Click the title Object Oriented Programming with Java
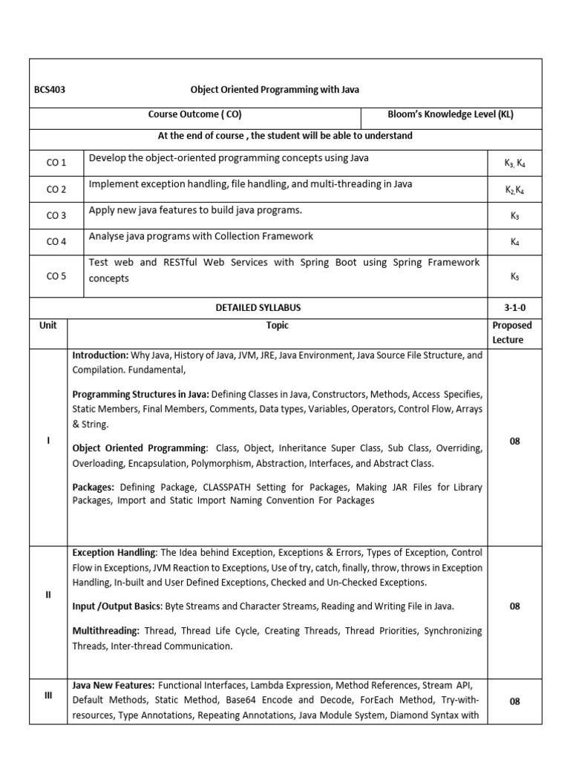[275, 90]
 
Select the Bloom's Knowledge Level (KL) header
[451, 115]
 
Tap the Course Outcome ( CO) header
[194, 115]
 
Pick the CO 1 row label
[56, 163]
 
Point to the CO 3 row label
[56, 215]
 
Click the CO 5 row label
[56, 276]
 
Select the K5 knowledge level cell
[515, 276]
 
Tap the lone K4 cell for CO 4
[515, 241]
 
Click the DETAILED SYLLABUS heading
[258, 307]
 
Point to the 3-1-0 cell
[515, 307]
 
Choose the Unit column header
[48, 325]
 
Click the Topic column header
[278, 325]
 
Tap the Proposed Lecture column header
[512, 332]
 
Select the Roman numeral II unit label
[48, 594]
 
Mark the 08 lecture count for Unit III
[515, 701]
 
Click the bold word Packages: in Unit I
[93, 487]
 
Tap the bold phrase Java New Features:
[113, 685]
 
